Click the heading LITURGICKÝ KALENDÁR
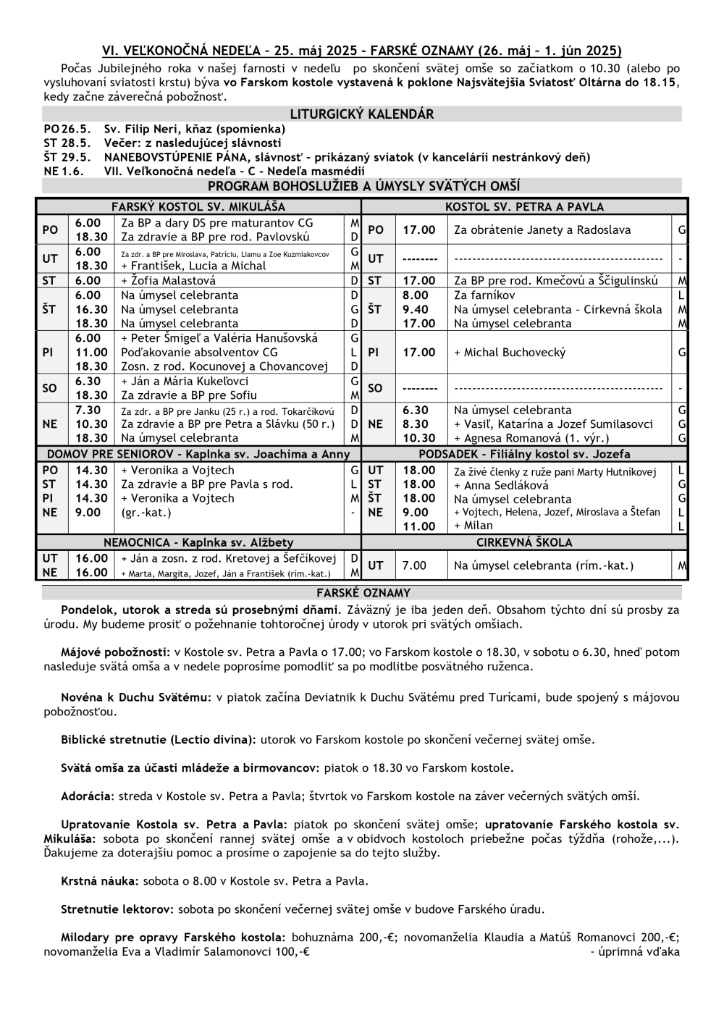point(361,114)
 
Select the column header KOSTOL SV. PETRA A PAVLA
point(524,206)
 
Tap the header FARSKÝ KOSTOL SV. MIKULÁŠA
point(198,206)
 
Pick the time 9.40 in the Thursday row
point(416,309)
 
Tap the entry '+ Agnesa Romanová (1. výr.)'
point(531,438)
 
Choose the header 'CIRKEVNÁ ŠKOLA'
point(524,542)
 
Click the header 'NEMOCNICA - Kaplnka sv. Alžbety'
point(198,542)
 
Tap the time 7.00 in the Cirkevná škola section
point(415,565)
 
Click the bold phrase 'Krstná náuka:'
point(100,881)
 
